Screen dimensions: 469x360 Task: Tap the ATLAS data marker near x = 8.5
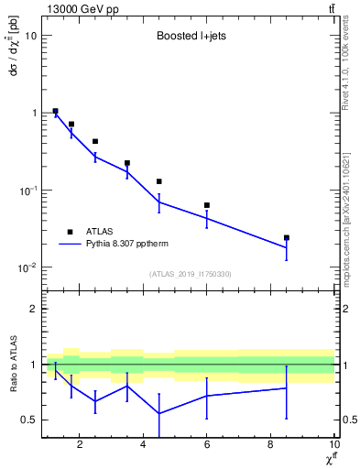tap(287, 237)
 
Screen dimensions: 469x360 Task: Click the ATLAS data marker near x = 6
tap(207, 205)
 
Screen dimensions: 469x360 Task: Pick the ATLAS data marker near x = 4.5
tap(159, 181)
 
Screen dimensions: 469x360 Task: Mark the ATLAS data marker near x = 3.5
tap(127, 163)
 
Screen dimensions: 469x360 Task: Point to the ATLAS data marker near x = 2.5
tap(95, 141)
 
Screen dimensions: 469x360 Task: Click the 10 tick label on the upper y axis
tap(31, 36)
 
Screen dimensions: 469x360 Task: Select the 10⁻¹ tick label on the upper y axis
tap(27, 190)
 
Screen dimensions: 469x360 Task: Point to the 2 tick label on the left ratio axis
tap(34, 309)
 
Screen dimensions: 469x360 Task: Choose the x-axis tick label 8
tap(270, 446)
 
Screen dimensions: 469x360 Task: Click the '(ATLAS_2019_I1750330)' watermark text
tap(189, 274)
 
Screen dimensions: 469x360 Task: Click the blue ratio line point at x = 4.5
tap(159, 413)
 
